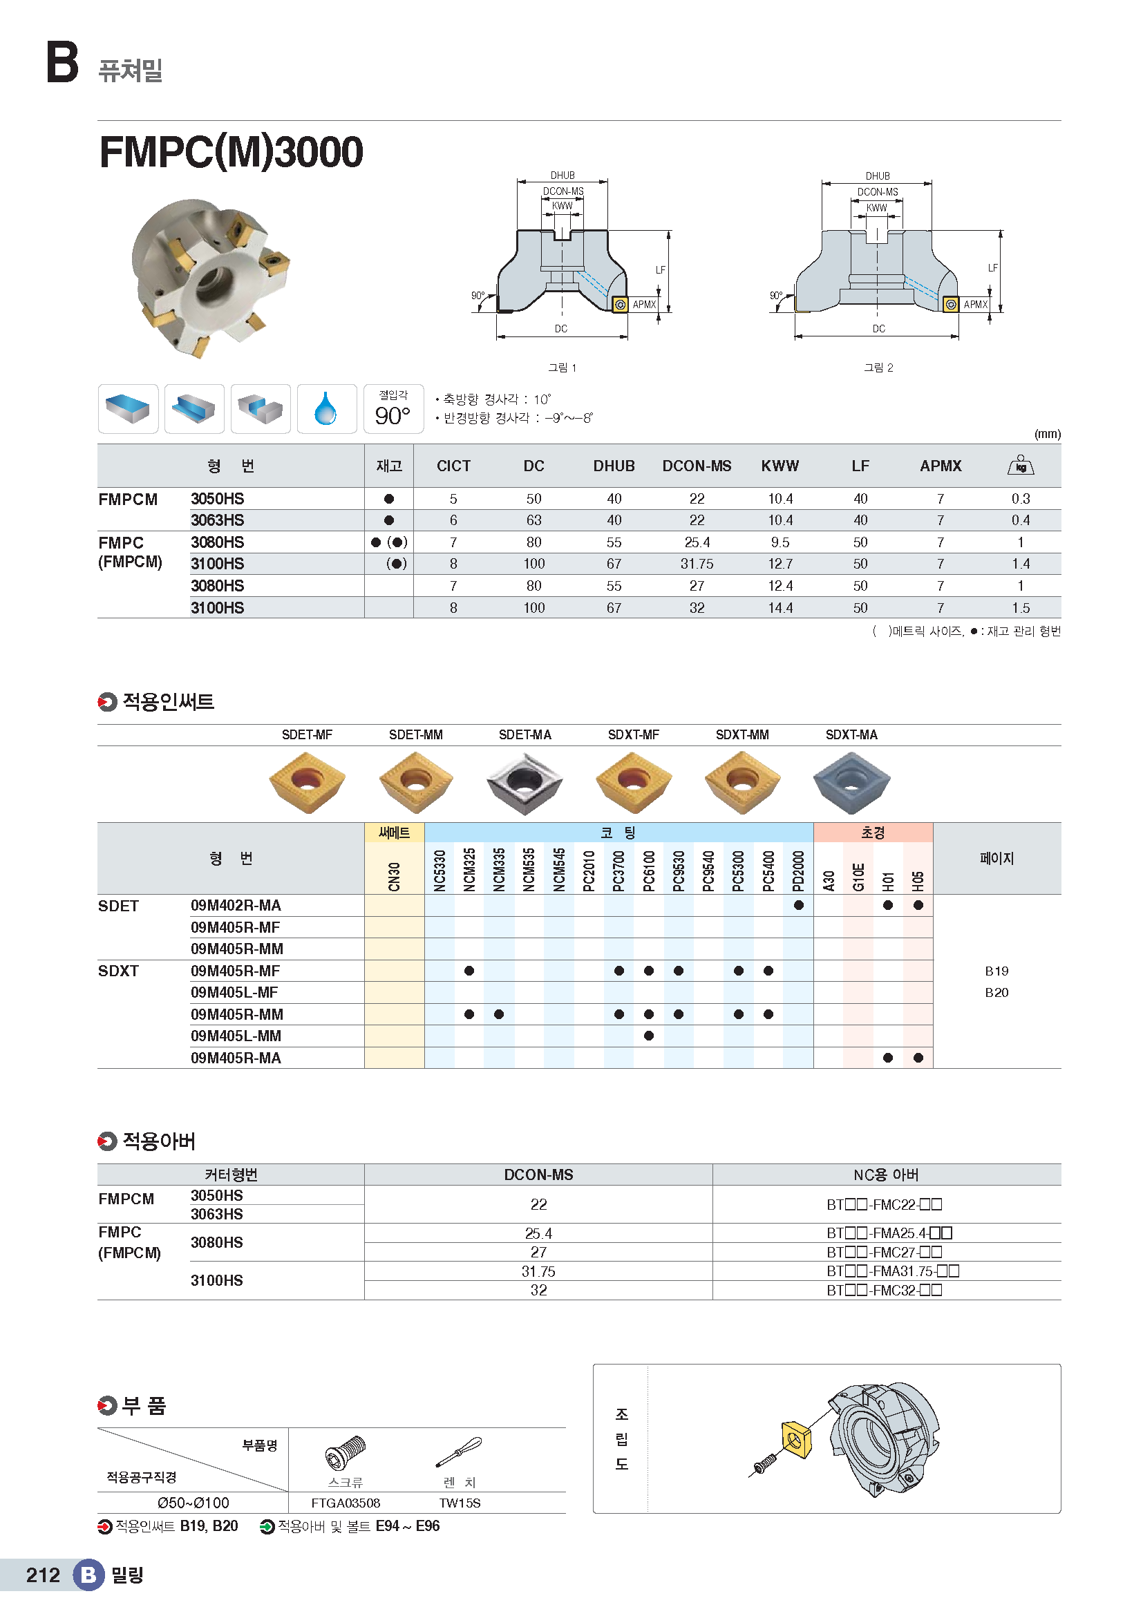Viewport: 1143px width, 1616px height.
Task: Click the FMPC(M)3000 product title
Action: coord(231,152)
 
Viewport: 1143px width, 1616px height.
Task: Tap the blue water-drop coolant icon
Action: coord(326,409)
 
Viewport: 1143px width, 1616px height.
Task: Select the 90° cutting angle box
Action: coord(393,410)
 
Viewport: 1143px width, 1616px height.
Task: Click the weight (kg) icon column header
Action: coord(1020,465)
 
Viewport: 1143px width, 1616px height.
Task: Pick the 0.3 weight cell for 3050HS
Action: coord(1020,499)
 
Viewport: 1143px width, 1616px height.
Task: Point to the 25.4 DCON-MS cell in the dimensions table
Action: coord(696,542)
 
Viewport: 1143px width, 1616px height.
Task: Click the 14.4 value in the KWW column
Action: coord(779,608)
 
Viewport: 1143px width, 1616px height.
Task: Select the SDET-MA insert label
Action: coord(525,735)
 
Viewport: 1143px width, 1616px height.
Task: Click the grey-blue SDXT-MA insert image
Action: coord(851,782)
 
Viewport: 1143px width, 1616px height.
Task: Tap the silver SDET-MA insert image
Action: coord(525,783)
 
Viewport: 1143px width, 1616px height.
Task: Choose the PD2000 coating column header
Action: coord(798,871)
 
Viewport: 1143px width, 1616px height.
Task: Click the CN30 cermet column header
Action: coord(394,876)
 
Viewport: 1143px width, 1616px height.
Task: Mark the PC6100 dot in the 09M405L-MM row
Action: coord(648,1036)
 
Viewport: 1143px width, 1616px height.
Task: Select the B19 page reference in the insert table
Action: coord(996,971)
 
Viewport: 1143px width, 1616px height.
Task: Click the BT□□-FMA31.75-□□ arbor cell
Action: coord(891,1271)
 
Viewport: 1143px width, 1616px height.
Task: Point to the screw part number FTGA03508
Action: coord(346,1503)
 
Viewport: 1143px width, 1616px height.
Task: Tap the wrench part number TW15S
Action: coord(460,1503)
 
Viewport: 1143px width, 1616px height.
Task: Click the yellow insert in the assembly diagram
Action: coord(796,1440)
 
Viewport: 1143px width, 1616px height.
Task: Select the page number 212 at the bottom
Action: coord(43,1575)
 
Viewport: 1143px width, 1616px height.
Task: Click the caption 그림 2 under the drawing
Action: coord(878,368)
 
